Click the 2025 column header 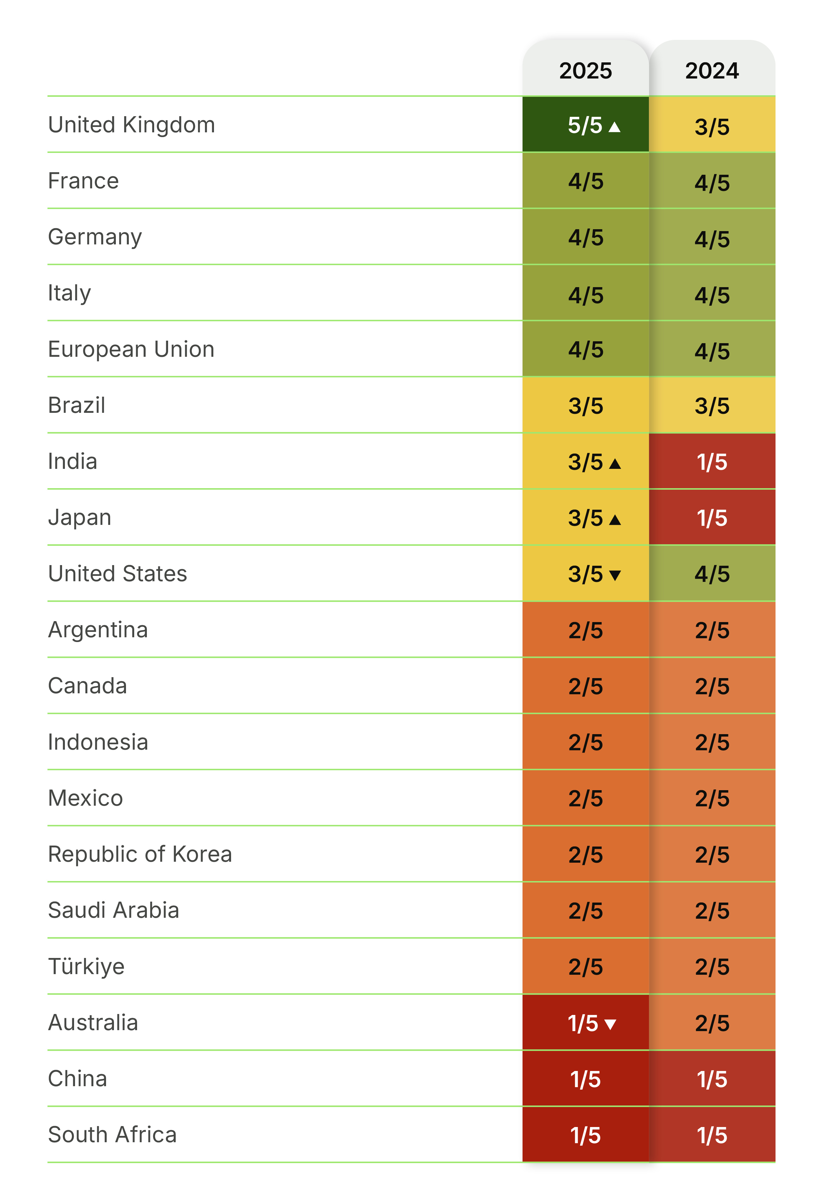click(585, 70)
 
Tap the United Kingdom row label click(131, 125)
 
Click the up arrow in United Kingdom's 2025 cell click(614, 127)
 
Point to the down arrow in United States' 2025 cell click(615, 575)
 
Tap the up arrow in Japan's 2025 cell click(615, 519)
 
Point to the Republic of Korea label click(140, 854)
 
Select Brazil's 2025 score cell click(585, 406)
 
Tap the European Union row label click(131, 350)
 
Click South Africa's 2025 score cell click(585, 1135)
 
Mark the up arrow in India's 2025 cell click(615, 463)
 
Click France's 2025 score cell click(585, 181)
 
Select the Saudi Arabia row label click(113, 910)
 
